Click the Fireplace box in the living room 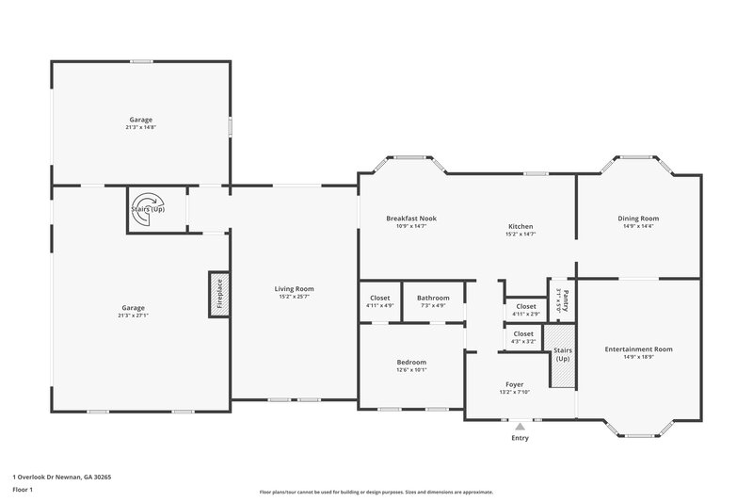[x=218, y=294]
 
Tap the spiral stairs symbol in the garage [x=147, y=208]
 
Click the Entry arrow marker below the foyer [x=520, y=427]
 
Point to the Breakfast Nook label [x=411, y=219]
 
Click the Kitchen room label [x=521, y=227]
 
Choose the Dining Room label [x=638, y=218]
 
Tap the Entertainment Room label [x=638, y=348]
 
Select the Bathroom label [x=433, y=298]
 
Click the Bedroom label [x=411, y=362]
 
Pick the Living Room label [x=294, y=289]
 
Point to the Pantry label [x=567, y=300]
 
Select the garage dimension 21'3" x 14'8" [x=140, y=129]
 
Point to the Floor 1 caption [x=24, y=490]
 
